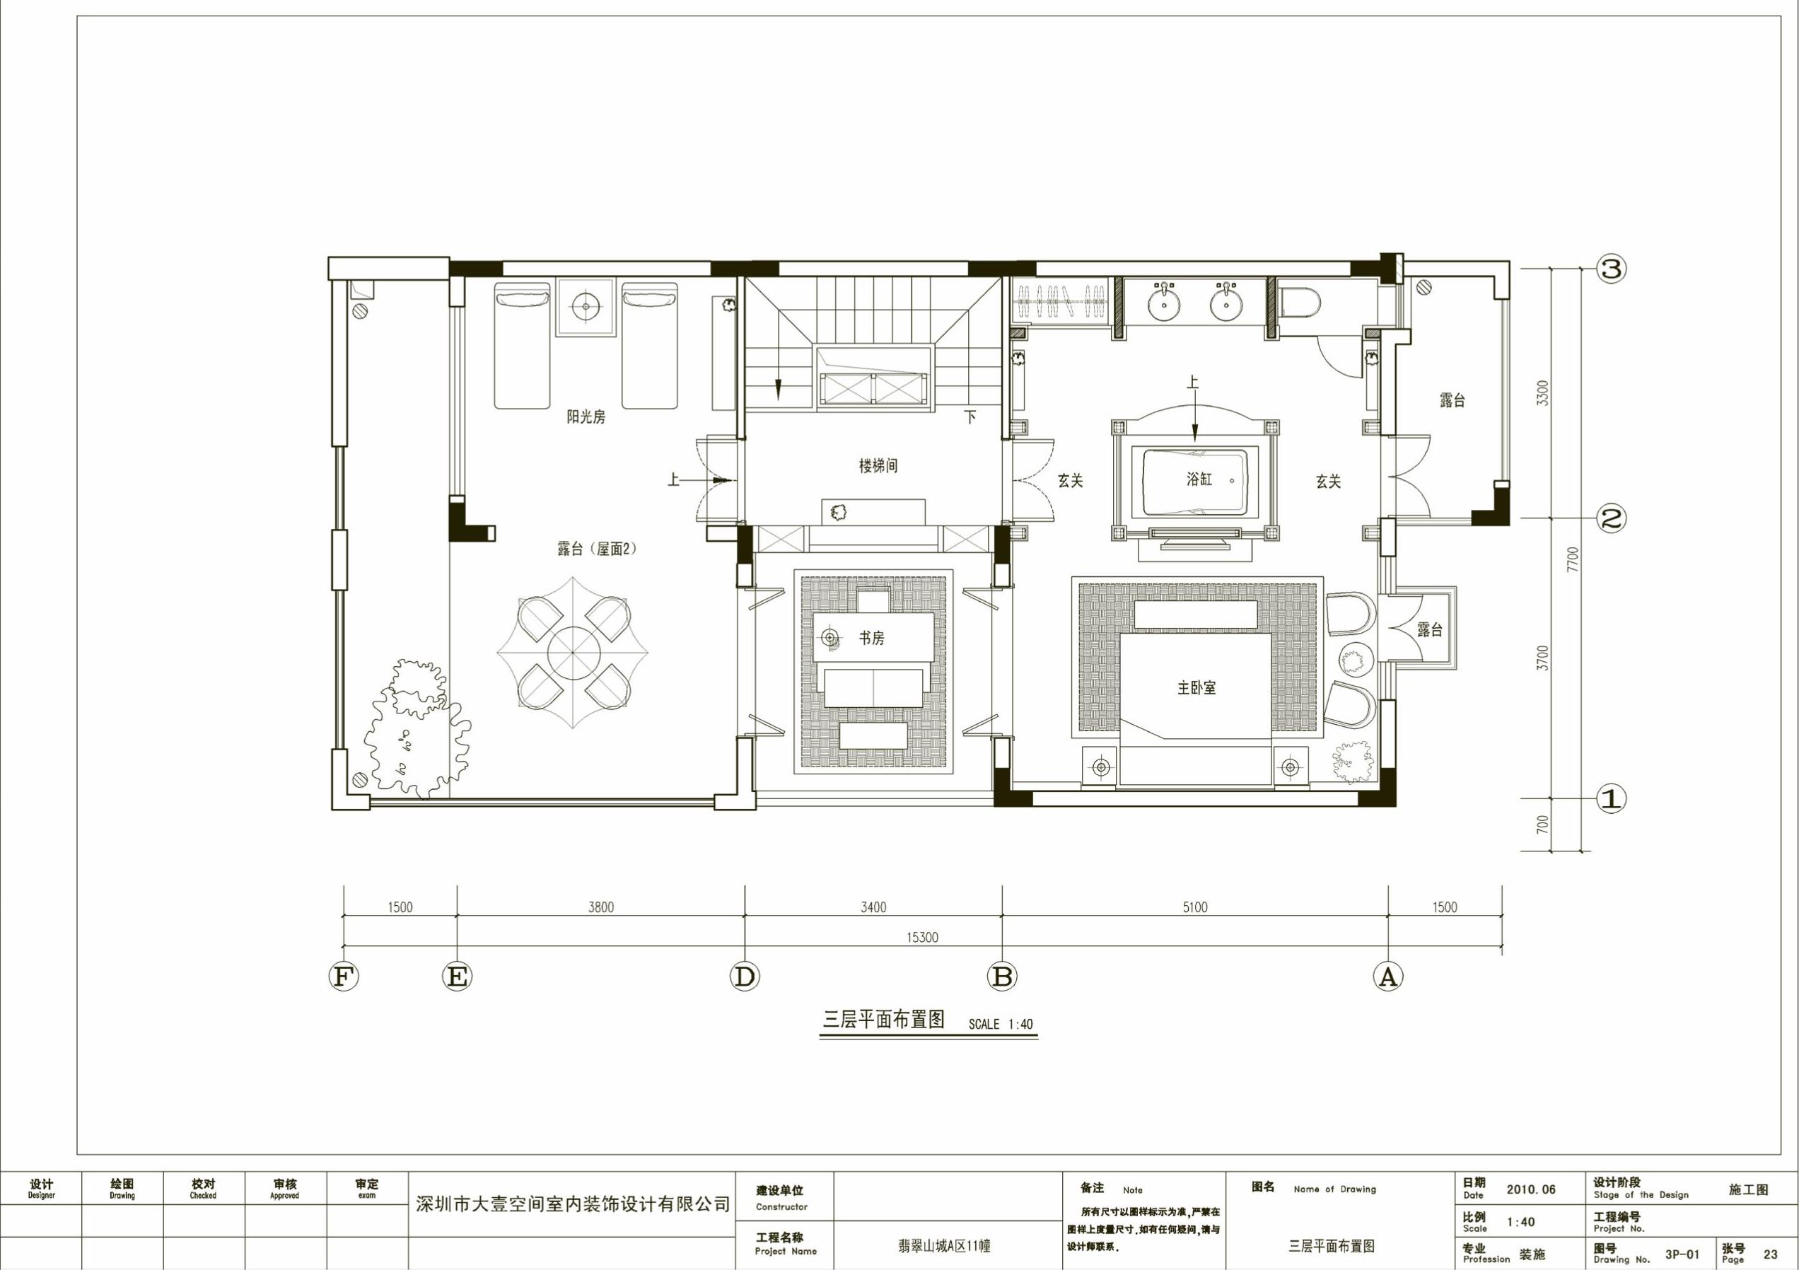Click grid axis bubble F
tap(342, 977)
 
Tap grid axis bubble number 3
tap(1611, 269)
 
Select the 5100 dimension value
tap(1195, 907)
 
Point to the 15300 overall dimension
tap(922, 937)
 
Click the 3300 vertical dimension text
tap(1543, 392)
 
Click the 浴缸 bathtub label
tap(1199, 479)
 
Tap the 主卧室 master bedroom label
tap(1197, 688)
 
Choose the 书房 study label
tap(871, 639)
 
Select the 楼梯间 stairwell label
tap(878, 466)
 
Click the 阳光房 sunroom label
tap(586, 416)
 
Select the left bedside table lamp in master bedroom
tap(1102, 768)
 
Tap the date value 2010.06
tap(1531, 1211)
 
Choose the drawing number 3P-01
tap(1682, 1254)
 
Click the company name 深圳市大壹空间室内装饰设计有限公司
tap(572, 1204)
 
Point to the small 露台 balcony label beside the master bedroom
tap(1430, 629)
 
